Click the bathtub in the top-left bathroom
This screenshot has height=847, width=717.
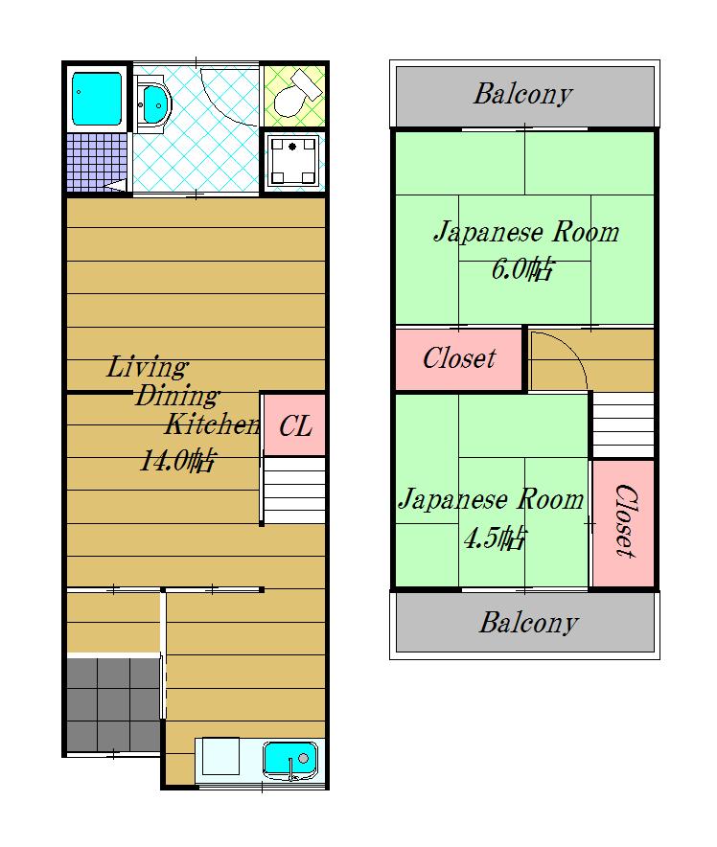[97, 99]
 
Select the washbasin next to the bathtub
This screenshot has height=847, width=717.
[153, 104]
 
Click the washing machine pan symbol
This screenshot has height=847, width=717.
[292, 161]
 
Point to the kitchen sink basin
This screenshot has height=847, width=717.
[290, 761]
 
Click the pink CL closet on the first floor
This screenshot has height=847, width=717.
[294, 425]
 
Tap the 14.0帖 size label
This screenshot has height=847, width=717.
[177, 461]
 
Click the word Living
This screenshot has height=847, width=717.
[147, 367]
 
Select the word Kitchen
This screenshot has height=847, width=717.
[213, 424]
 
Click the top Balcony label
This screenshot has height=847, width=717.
[523, 95]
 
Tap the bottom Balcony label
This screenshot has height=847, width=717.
[528, 623]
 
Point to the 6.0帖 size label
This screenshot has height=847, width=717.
[522, 268]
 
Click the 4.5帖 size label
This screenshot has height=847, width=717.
[495, 538]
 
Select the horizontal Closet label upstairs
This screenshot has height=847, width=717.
[459, 358]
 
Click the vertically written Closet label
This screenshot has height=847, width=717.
[625, 520]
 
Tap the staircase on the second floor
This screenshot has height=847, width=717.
[623, 425]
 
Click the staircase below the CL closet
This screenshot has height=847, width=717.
[294, 491]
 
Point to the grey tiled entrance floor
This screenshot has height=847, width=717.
[113, 704]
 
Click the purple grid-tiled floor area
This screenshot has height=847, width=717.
[97, 162]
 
